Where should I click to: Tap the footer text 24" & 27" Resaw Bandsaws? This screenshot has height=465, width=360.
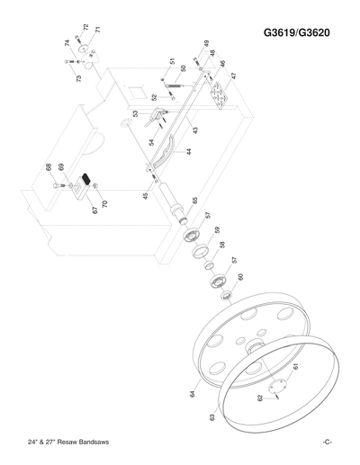click(71, 442)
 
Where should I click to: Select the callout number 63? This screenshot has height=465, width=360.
click(212, 416)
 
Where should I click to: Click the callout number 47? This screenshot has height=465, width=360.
click(234, 77)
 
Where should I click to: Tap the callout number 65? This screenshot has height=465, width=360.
click(194, 201)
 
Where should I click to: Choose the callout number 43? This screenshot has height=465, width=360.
click(194, 130)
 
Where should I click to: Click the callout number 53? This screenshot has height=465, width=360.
click(135, 113)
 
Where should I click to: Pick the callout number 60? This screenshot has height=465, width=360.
click(240, 277)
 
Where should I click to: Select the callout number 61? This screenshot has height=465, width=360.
click(296, 367)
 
